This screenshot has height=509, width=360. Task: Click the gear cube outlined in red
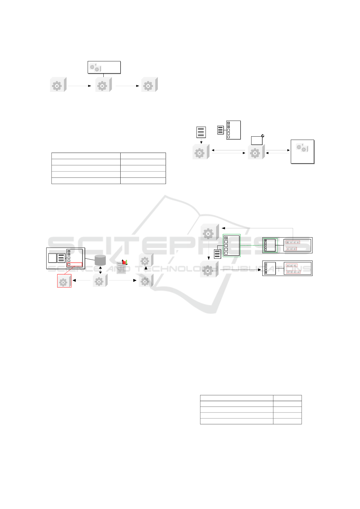coord(64,281)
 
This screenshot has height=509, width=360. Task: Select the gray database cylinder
coord(100,260)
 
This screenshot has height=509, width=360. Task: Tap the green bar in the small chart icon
coord(126,262)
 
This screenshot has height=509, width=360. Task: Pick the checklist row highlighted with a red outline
coord(74,264)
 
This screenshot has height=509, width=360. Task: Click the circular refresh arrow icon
coord(263,136)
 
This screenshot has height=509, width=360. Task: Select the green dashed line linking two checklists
coord(251,245)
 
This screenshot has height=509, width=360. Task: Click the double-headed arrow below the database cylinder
coord(100,270)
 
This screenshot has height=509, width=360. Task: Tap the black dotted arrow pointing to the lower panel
coord(240,269)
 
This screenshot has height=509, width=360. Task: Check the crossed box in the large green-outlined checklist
coord(226,238)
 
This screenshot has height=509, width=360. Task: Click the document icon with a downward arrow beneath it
coord(201,132)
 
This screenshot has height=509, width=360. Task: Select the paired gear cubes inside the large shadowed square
coord(301,148)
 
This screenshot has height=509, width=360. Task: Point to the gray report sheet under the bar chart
coord(121,268)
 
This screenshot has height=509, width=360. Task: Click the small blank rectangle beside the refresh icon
coord(257,141)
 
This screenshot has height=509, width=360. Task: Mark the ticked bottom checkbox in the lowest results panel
coord(266,273)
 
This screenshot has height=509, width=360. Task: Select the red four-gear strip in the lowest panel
coord(293,272)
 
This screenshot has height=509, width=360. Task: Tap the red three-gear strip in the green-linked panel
coord(291,249)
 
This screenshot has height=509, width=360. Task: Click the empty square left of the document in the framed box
coord(52,258)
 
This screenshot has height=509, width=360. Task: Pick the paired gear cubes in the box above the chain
coord(95,68)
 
